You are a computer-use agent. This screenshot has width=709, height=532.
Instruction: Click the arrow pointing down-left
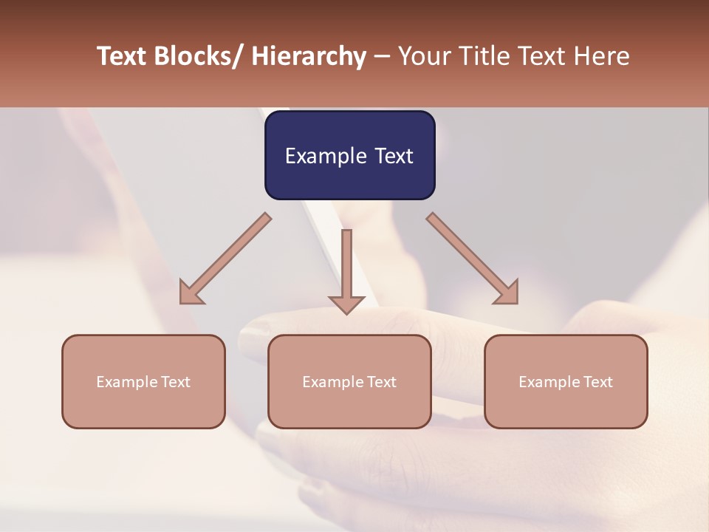(x=225, y=259)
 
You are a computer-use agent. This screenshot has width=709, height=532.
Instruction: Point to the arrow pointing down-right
(x=473, y=259)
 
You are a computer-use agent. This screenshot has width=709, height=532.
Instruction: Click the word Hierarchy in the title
(x=309, y=56)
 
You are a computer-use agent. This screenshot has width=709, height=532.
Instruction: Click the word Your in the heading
(x=423, y=56)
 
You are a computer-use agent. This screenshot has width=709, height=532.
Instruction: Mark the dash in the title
(x=381, y=58)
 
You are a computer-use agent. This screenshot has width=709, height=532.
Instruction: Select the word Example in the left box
(x=127, y=382)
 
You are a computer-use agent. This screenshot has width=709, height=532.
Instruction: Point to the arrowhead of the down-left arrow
(x=189, y=295)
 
